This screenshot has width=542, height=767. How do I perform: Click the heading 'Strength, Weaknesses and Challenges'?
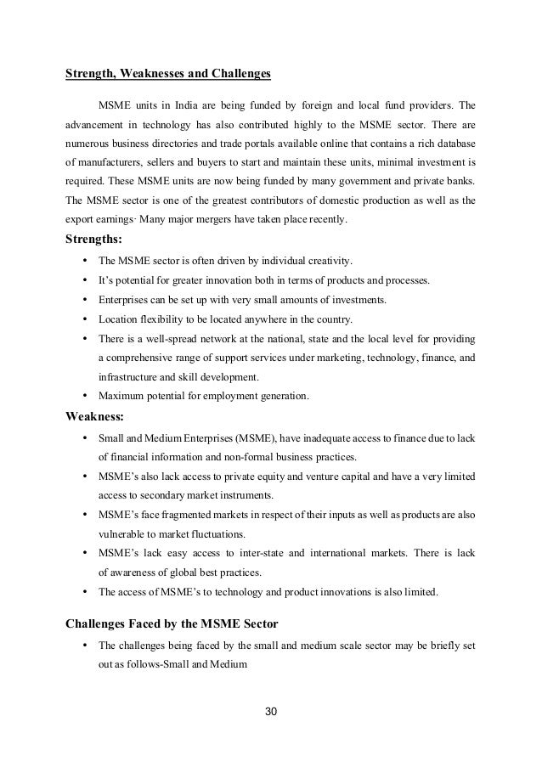point(168,74)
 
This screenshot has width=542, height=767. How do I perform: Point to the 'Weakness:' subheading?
point(94,416)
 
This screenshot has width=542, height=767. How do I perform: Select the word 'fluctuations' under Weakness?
point(212,533)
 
